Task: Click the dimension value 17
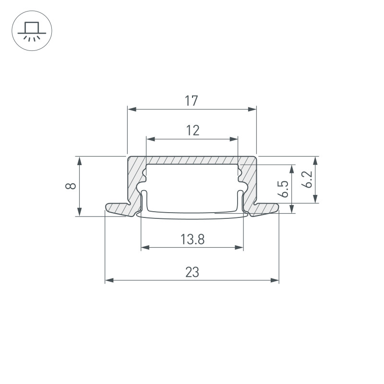[192, 101]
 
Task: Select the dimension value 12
[192, 130]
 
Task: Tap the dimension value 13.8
[192, 239]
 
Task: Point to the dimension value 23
[192, 272]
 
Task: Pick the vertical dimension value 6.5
[283, 189]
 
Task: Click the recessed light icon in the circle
[31, 31]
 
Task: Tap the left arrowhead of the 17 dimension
[131, 109]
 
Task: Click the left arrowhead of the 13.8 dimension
[144, 248]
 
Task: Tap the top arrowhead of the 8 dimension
[79, 159]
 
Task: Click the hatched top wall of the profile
[192, 160]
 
